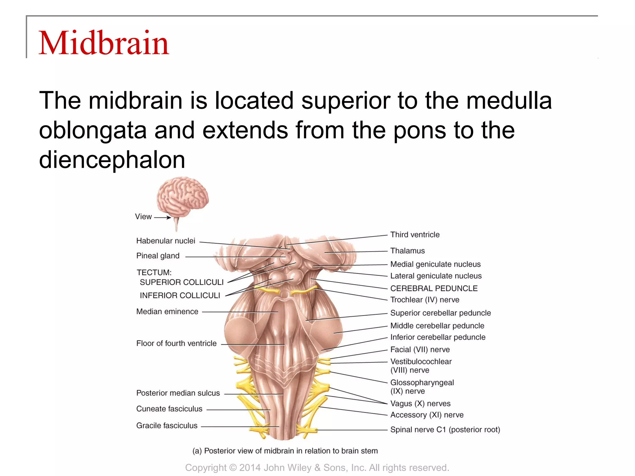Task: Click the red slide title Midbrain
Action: pyautogui.click(x=104, y=43)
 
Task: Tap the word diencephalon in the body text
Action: pyautogui.click(x=112, y=160)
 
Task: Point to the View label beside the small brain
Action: pyautogui.click(x=143, y=217)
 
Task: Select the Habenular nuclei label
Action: pyautogui.click(x=166, y=241)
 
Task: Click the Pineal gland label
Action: pyautogui.click(x=158, y=256)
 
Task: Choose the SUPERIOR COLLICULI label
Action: pyautogui.click(x=181, y=282)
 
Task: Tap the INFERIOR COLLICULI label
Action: pyautogui.click(x=180, y=296)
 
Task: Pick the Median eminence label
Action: pyautogui.click(x=167, y=311)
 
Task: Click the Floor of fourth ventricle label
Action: pyautogui.click(x=176, y=343)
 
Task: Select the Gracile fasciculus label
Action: pyautogui.click(x=167, y=425)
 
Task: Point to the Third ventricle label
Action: pyautogui.click(x=415, y=235)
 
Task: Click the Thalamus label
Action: pyautogui.click(x=407, y=251)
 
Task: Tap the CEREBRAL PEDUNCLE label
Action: pyautogui.click(x=434, y=289)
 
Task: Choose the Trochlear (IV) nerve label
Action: pyautogui.click(x=425, y=300)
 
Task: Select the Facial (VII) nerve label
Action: pyautogui.click(x=420, y=350)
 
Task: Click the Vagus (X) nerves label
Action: pyautogui.click(x=420, y=403)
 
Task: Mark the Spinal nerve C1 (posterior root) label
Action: pyautogui.click(x=445, y=430)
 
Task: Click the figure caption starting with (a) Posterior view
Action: pyautogui.click(x=285, y=451)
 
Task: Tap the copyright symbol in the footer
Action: pyautogui.click(x=233, y=468)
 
